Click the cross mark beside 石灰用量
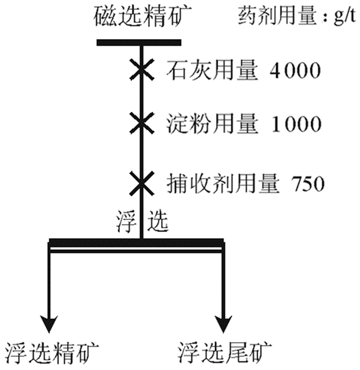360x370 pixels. (x=140, y=70)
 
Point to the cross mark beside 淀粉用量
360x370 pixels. (x=140, y=124)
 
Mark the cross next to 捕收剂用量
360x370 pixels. (x=140, y=182)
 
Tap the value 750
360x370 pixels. (x=308, y=183)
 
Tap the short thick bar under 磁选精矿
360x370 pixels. (x=139, y=43)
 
